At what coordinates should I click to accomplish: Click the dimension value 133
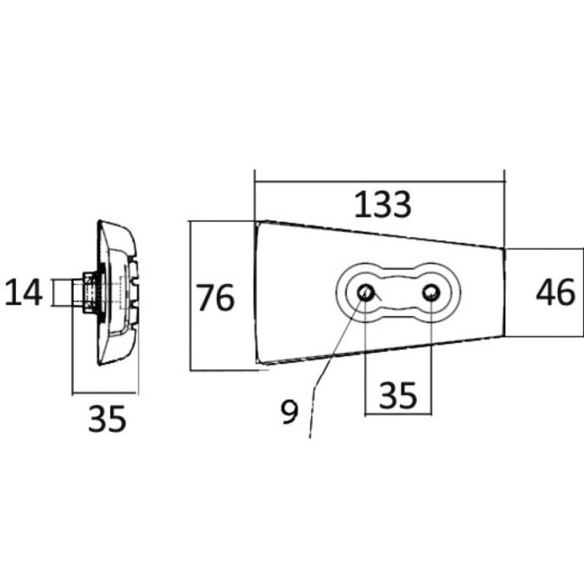382,204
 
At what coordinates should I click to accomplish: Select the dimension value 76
215,298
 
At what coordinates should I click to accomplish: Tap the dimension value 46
555,292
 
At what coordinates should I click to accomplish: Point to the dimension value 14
23,292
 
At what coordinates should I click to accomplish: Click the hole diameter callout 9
289,411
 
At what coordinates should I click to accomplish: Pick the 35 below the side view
107,419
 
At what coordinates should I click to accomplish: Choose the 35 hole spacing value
398,395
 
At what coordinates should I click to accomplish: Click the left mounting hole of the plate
364,292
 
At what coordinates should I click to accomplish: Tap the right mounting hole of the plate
431,292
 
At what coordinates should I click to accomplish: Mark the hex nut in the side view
90,292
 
